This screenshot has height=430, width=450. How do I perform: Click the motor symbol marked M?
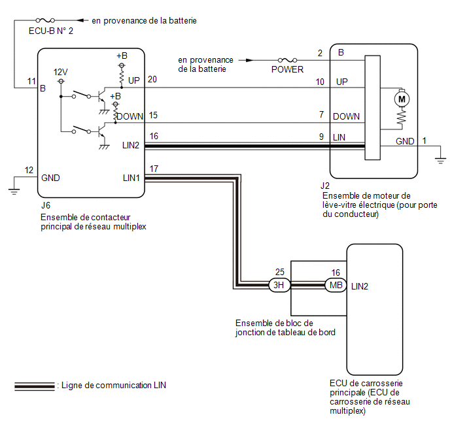[x=402, y=99]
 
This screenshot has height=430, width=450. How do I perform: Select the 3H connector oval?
[x=279, y=285]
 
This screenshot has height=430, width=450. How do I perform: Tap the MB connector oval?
[x=336, y=285]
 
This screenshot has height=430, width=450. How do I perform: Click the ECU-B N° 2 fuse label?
[x=51, y=31]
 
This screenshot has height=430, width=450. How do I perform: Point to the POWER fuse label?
[x=287, y=69]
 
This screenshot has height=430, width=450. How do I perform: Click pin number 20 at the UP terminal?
[x=152, y=79]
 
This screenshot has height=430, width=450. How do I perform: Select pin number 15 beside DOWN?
[x=153, y=115]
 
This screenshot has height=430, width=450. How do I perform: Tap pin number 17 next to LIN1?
[x=154, y=169]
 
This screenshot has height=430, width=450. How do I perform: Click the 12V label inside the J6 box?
[x=61, y=72]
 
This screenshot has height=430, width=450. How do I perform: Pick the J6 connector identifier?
[x=46, y=205]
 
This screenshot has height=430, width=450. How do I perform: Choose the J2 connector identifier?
[x=325, y=186]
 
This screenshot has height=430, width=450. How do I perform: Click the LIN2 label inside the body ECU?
[x=360, y=286]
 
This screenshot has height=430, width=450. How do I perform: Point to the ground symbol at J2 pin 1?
[x=440, y=161]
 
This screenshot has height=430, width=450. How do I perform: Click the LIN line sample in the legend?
[x=35, y=386]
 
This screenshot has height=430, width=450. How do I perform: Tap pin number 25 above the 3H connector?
[x=280, y=272]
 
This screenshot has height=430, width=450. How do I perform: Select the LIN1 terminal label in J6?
[x=131, y=178]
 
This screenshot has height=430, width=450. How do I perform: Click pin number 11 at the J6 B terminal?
[x=31, y=82]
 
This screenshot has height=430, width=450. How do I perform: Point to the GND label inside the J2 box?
[x=405, y=141]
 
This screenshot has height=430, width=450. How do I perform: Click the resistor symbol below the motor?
[x=402, y=118]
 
